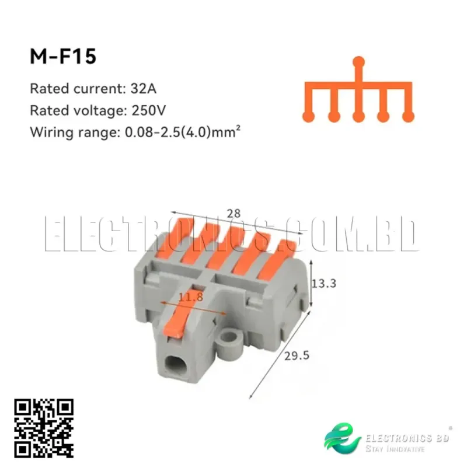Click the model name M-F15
[x=63, y=58]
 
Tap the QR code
[x=44, y=428]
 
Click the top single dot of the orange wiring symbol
[x=360, y=61]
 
